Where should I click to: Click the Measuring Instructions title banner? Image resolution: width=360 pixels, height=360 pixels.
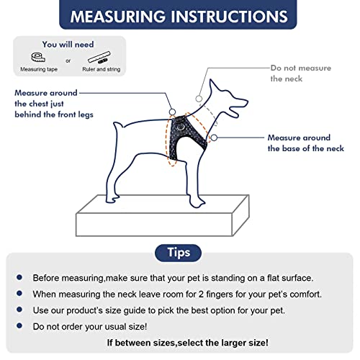tap(179, 16)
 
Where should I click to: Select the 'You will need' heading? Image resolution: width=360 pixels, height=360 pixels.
tap(70, 42)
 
